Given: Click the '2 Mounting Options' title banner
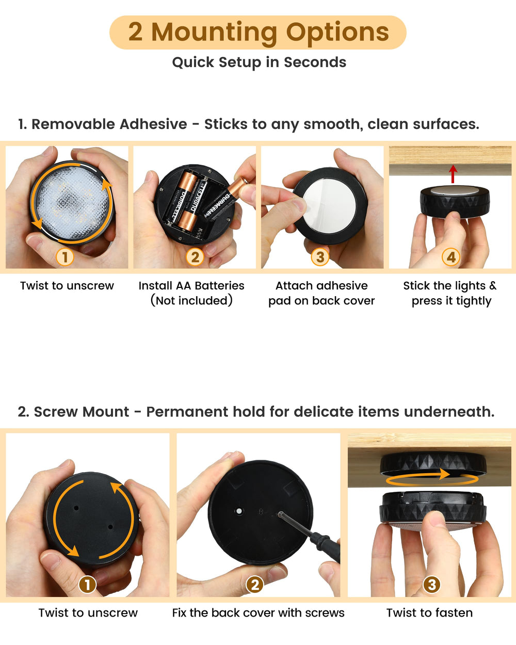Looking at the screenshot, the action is tap(258, 33).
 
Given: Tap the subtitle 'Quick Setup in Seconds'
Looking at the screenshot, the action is tap(259, 62).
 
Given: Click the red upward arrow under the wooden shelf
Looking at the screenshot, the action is tap(453, 174).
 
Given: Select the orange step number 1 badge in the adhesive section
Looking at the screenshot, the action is tap(65, 257).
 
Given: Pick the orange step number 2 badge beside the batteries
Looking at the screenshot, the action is tap(195, 257).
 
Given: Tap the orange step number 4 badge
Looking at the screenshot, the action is tap(451, 257).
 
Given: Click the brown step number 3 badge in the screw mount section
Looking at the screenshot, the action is tap(431, 585).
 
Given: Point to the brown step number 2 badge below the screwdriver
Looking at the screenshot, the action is tap(254, 585).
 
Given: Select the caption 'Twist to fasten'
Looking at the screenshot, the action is tap(429, 612).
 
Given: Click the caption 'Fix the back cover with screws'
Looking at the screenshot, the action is tap(258, 612).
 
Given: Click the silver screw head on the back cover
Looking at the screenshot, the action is tap(239, 511).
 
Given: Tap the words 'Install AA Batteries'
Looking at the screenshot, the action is tap(191, 286).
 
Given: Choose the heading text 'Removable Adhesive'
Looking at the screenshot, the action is tap(109, 124).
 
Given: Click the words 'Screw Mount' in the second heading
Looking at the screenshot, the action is tap(81, 412).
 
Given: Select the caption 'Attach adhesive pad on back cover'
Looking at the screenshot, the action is tap(321, 293).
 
